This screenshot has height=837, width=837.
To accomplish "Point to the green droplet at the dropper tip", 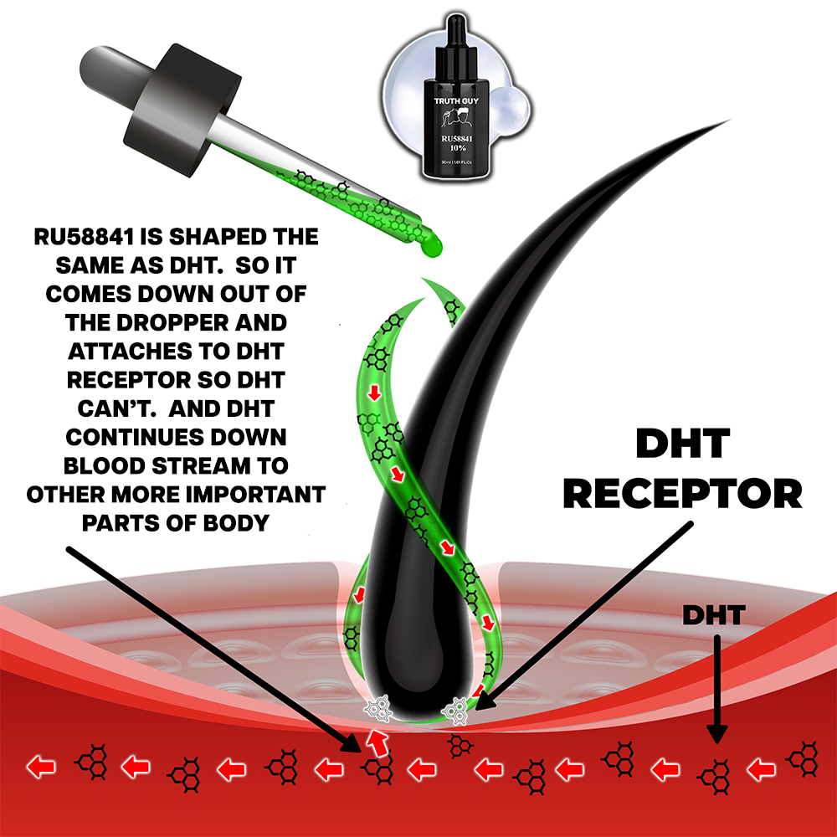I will point(431,243).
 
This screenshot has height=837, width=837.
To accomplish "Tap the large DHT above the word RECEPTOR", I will point(681,444).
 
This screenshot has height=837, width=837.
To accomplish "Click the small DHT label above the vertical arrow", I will point(712,616).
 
